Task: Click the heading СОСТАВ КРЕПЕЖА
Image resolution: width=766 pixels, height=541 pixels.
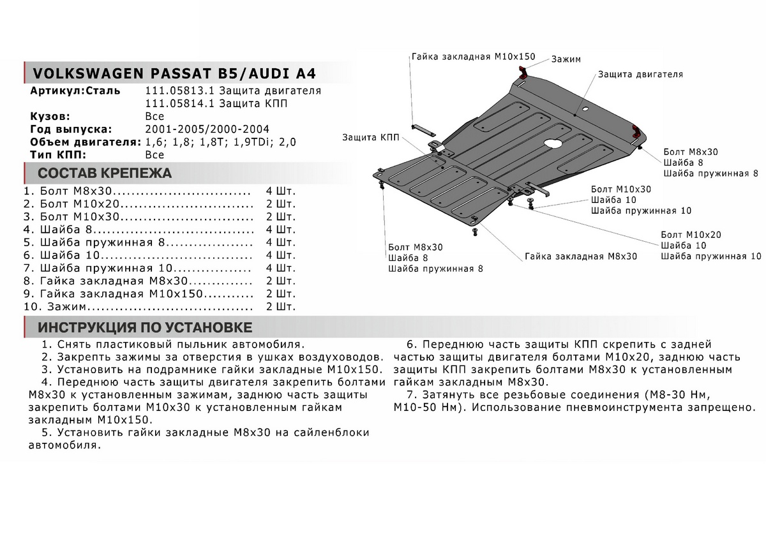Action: [105, 174]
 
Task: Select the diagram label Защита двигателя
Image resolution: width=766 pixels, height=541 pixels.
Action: [640, 74]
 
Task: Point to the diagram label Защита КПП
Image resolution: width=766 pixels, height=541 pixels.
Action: [370, 137]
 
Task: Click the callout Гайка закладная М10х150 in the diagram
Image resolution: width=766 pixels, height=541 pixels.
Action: [472, 56]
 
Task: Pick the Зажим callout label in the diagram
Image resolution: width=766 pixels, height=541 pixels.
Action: [566, 59]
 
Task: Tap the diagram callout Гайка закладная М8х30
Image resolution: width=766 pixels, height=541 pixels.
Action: [581, 256]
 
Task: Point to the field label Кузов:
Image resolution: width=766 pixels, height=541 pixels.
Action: [50, 116]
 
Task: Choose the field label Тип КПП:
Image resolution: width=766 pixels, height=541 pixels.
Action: [57, 154]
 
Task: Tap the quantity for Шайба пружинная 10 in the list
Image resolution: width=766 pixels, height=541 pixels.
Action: [281, 268]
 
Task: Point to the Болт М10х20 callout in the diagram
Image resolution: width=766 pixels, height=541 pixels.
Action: [691, 235]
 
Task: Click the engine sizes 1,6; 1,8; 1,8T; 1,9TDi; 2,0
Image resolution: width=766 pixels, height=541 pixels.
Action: [221, 142]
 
